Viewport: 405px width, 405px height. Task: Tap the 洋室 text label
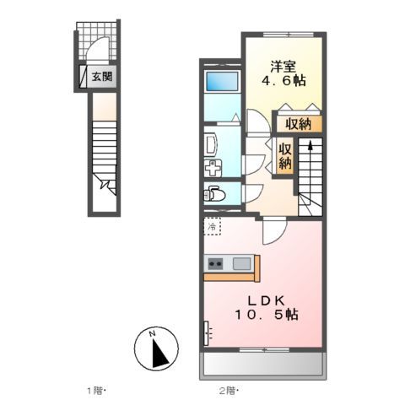283,64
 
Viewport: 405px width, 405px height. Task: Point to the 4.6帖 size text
283,81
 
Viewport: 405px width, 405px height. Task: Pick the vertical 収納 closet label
285,156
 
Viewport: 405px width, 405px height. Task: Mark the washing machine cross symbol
212,168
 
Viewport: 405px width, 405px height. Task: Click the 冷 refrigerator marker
213,227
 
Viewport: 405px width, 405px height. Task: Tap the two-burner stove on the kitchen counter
216,264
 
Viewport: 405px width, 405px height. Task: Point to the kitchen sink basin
240,264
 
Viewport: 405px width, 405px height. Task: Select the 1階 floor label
98,389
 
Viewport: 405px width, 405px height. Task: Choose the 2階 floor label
229,389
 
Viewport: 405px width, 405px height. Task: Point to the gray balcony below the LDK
263,364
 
